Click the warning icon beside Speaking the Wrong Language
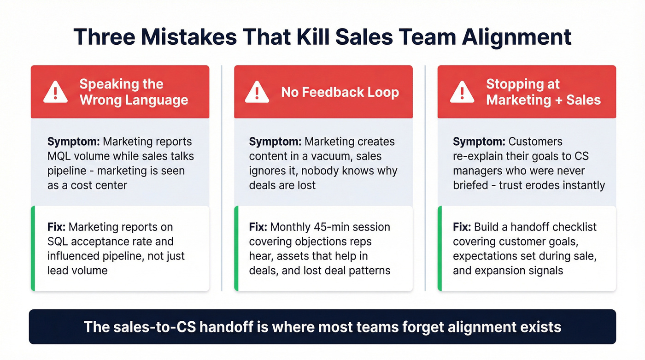pos(55,92)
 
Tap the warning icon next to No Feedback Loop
pos(257,92)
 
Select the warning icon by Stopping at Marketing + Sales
pos(462,92)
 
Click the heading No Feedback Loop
pos(340,92)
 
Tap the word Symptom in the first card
pos(74,142)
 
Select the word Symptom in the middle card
pos(276,142)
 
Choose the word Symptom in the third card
pos(479,142)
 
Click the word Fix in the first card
pos(56,227)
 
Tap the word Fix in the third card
pos(462,227)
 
